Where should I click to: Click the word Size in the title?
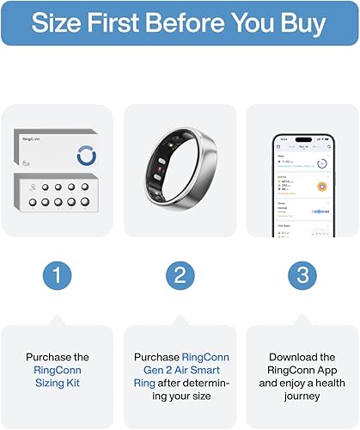pos(63,23)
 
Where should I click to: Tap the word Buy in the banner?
pos(303,23)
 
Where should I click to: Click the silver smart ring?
pos(180,169)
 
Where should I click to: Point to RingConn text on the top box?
pos(32,136)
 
